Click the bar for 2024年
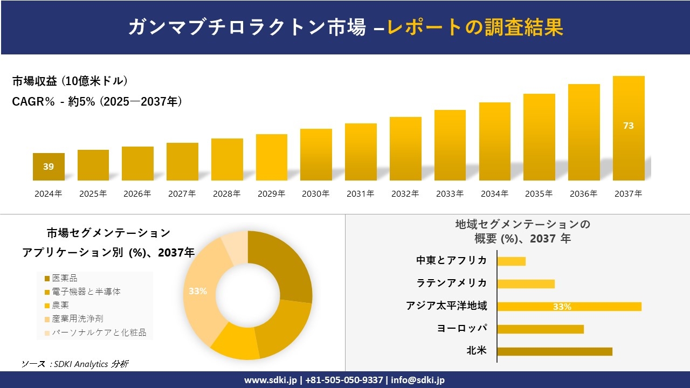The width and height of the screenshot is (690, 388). (49, 167)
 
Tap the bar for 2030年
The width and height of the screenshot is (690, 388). (316, 155)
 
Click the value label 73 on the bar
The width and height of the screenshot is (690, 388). (629, 126)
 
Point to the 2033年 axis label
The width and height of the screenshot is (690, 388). (450, 194)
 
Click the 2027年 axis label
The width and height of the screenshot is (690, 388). (182, 194)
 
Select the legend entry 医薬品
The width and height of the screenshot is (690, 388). (64, 278)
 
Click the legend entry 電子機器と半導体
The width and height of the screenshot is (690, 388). (86, 292)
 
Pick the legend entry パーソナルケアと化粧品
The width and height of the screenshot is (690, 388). (99, 332)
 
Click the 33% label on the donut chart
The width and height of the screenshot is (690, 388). (198, 292)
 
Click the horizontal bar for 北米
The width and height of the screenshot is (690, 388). (555, 351)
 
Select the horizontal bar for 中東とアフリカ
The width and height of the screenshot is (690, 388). (511, 261)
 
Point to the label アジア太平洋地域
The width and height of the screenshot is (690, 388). (446, 306)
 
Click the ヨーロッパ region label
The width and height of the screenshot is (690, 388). (462, 329)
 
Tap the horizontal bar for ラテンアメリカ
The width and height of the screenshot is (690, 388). (526, 284)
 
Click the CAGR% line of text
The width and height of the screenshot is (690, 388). (97, 101)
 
